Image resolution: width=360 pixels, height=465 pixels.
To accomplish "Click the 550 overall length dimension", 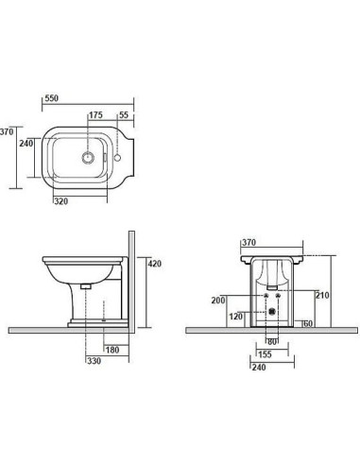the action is tap(52, 98).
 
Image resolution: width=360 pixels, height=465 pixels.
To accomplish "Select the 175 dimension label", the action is tap(95, 115).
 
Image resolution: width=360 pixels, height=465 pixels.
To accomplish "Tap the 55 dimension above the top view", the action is tap(124, 115).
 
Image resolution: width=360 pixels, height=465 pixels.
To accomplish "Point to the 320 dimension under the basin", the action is tap(61, 201).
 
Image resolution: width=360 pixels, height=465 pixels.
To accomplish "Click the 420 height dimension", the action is tap(155, 264).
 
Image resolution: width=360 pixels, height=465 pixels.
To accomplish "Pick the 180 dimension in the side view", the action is tap(112, 350).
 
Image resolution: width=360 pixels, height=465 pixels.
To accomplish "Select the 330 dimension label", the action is tap(94, 361).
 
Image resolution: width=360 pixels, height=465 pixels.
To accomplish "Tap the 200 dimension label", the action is tap(218, 301).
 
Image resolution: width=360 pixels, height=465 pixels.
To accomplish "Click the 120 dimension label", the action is tap(236, 317).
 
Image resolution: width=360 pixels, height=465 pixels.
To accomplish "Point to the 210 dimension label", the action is tap(322, 295).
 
